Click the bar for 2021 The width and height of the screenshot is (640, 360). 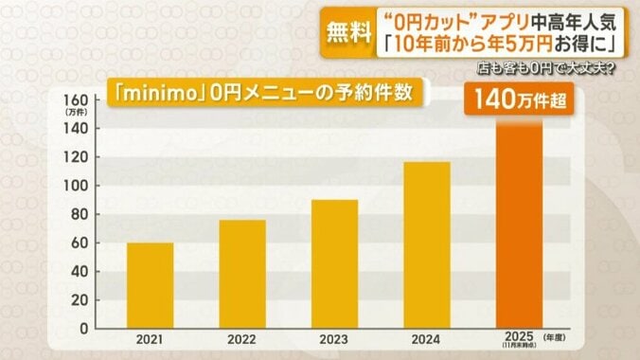click(150, 285)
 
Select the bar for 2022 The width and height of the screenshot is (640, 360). click(242, 274)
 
